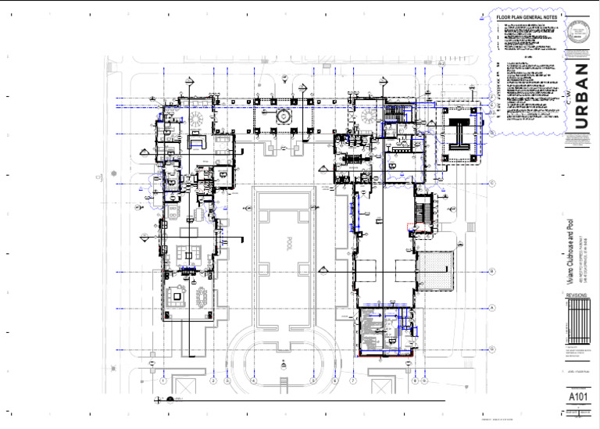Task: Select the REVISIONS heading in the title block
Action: click(577, 296)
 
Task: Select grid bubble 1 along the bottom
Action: click(162, 381)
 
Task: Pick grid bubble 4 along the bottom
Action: click(254, 381)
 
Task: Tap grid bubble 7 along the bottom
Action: click(353, 381)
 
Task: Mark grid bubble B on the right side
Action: click(493, 271)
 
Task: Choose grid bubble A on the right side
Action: click(493, 308)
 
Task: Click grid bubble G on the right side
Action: click(493, 349)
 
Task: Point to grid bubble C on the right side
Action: click(493, 184)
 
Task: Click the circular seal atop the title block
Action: click(579, 34)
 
